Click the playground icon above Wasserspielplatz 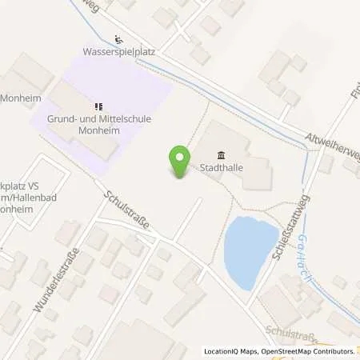(x=118, y=38)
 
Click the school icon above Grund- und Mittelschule (x=98, y=105)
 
